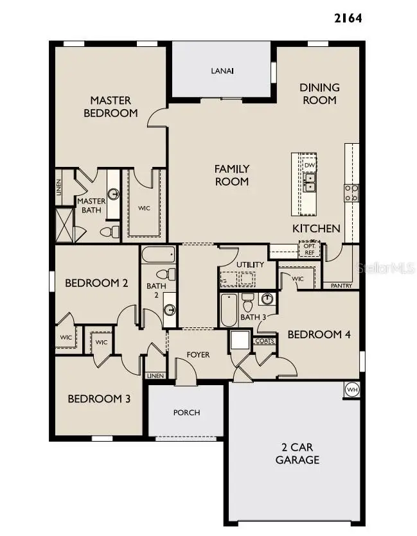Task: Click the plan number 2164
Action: point(348,18)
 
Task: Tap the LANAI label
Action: point(222,71)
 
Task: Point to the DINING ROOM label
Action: point(319,94)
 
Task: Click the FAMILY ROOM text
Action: point(231,175)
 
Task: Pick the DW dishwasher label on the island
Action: point(310,165)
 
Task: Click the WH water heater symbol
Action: point(351,389)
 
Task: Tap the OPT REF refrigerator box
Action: point(309,248)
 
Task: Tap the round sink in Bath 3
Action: point(267,298)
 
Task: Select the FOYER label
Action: point(198,354)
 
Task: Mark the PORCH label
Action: point(186,412)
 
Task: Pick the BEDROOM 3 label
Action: point(99,399)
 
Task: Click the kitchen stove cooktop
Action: point(351,193)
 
